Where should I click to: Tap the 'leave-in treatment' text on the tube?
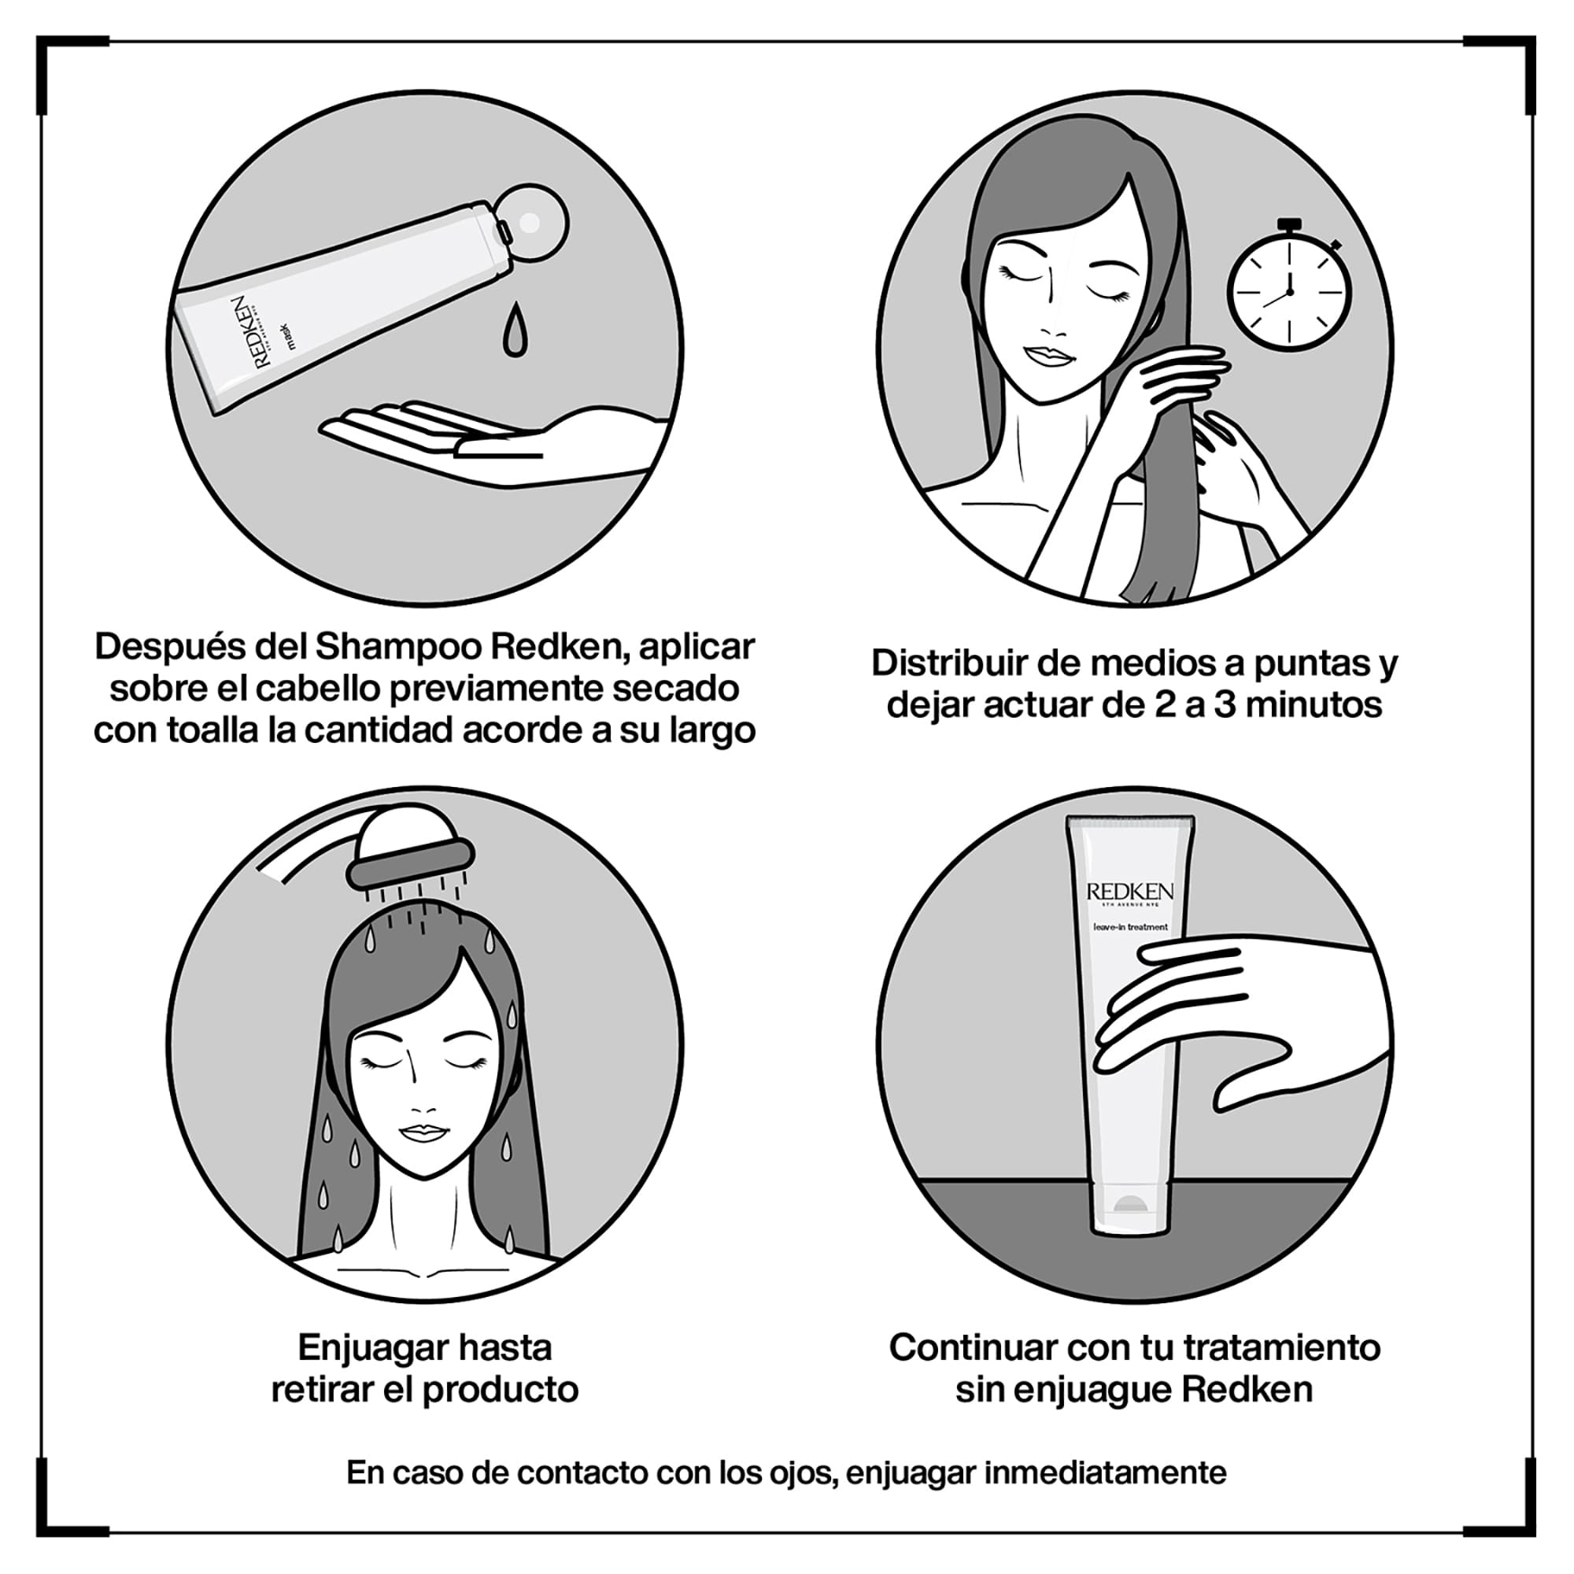click(1130, 927)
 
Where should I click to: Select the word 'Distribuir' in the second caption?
click(948, 664)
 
